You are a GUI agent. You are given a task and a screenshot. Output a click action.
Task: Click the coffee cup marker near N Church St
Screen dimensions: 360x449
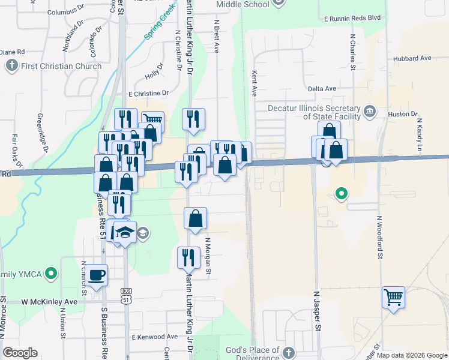click(x=97, y=276)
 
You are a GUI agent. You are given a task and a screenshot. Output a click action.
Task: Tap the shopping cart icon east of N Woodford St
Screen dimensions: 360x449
click(x=393, y=296)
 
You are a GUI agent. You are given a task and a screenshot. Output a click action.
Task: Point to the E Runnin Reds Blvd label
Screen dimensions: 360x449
click(x=353, y=19)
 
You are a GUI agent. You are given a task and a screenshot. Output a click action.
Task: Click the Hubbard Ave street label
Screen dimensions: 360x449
click(x=413, y=58)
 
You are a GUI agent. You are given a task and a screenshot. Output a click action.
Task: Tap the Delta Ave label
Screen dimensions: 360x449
click(x=322, y=89)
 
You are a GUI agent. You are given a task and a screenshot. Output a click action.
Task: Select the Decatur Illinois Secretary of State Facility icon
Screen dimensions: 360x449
click(x=370, y=110)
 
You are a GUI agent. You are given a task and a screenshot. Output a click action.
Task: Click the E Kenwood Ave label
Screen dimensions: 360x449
click(x=155, y=337)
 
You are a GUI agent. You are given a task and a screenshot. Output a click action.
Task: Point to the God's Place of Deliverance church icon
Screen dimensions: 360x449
click(x=289, y=352)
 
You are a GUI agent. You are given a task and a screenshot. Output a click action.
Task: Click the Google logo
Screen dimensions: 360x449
click(x=20, y=353)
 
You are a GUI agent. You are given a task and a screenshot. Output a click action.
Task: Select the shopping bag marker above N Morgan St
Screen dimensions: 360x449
click(x=195, y=219)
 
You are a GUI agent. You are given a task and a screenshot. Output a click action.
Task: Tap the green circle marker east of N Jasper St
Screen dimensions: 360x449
click(x=341, y=193)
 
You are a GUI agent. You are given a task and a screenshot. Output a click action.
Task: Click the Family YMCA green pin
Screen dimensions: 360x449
click(x=51, y=275)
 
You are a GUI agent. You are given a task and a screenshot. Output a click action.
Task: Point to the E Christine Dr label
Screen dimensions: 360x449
click(x=148, y=94)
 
